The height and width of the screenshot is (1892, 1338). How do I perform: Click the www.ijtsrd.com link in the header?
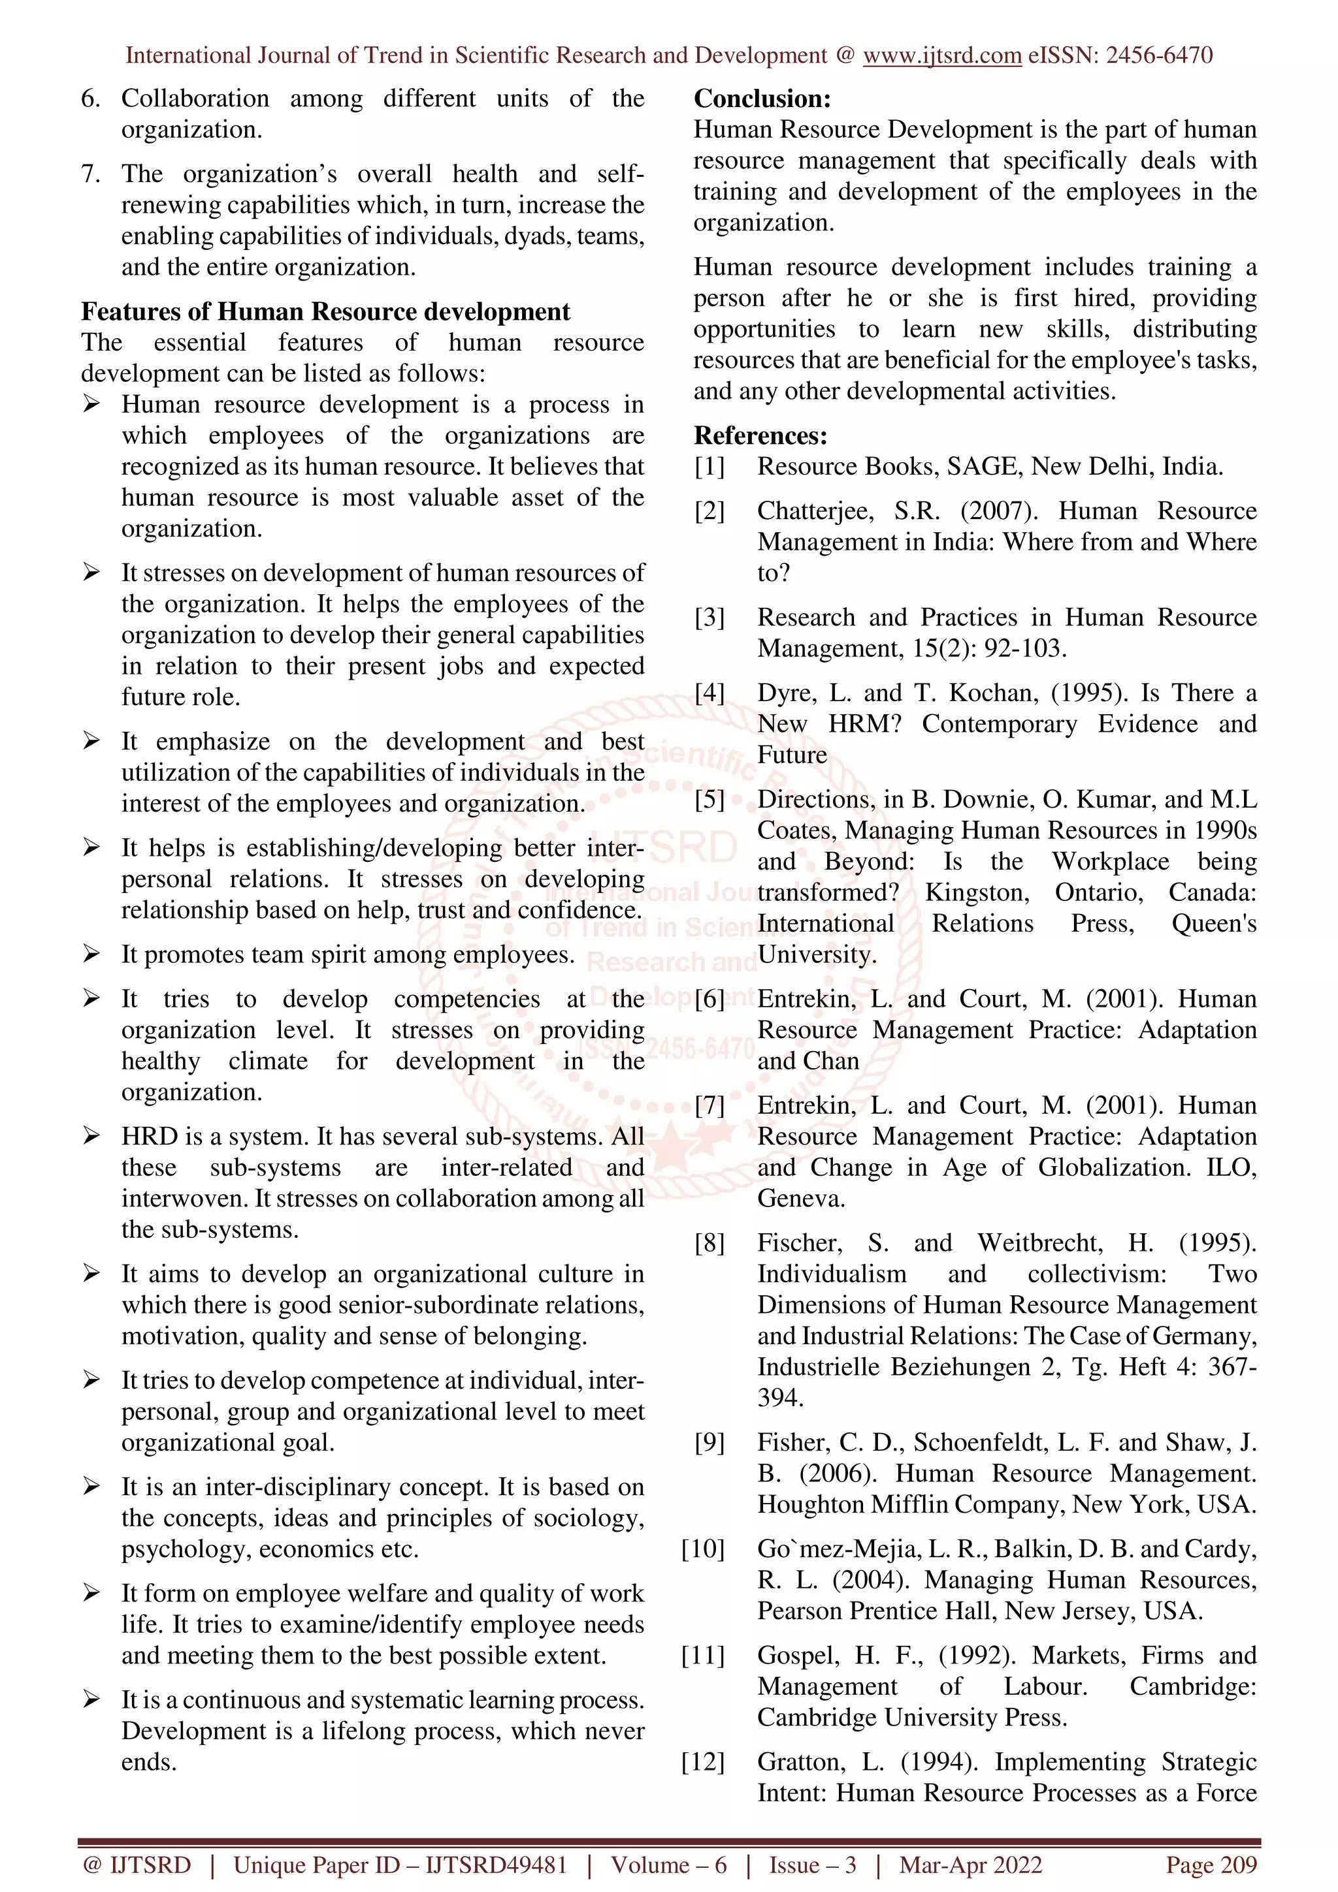pos(941,55)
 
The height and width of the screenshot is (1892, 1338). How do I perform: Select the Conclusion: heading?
pos(762,99)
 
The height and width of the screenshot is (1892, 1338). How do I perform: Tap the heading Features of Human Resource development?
pos(325,311)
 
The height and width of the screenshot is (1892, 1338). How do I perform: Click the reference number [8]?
pos(709,1242)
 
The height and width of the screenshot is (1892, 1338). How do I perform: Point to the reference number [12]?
pos(702,1762)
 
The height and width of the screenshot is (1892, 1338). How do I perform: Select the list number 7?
pos(91,174)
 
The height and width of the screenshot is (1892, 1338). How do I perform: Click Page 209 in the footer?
pos(1210,1865)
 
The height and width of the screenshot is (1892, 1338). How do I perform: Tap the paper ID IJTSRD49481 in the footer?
pos(497,1865)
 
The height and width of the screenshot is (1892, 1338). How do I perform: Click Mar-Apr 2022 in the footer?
pos(970,1865)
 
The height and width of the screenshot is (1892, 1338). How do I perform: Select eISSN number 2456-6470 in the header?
pos(1158,55)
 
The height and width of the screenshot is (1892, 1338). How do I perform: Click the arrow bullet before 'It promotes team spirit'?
pos(91,954)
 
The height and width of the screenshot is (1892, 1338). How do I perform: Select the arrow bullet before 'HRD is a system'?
pos(91,1137)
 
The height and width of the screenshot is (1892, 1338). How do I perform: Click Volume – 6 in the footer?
pos(668,1865)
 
